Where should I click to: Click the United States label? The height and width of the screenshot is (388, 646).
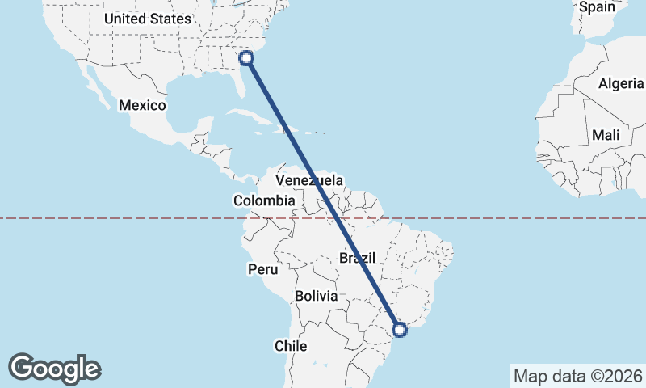pos(148,19)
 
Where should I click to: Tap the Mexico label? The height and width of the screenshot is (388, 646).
pos(142,105)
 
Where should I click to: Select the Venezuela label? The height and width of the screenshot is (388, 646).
pos(309,180)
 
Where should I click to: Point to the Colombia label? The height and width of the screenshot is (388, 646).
pos(264,200)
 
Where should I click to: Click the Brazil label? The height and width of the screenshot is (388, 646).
pos(358,258)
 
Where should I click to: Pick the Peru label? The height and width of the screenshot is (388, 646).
pos(262,268)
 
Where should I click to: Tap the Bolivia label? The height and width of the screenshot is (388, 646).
pos(316,296)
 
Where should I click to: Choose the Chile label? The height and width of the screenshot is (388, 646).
pos(291,346)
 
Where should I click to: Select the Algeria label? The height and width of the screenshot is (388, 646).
pos(621,83)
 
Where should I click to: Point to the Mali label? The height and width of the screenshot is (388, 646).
pos(606,135)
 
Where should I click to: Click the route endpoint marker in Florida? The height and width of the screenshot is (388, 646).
pos(247,57)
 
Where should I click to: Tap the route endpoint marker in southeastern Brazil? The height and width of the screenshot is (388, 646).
pos(400,329)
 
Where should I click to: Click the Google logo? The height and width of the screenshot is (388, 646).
pos(54,369)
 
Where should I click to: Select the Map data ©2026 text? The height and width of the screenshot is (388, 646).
pos(577,376)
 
